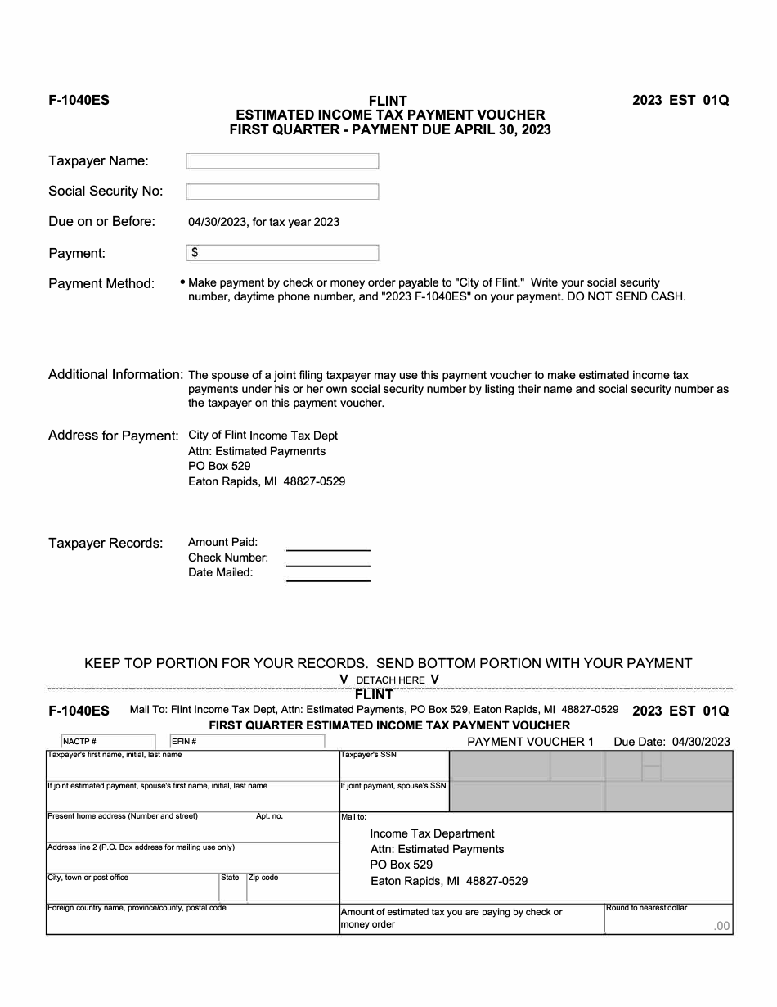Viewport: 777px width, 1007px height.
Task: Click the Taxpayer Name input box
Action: (282, 161)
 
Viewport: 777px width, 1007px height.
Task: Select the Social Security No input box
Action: (282, 192)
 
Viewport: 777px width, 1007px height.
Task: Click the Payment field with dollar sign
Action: (282, 253)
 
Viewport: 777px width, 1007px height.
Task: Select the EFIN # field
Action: (247, 742)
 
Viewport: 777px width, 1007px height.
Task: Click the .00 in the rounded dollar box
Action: (721, 927)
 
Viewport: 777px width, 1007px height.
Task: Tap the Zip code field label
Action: (263, 878)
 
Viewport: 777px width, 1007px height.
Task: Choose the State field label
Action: (230, 878)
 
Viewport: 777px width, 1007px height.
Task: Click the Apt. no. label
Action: (269, 816)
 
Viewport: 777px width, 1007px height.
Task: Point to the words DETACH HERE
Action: (390, 680)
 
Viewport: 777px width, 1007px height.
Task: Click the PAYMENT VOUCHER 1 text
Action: (530, 742)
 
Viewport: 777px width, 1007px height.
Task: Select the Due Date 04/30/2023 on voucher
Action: (671, 742)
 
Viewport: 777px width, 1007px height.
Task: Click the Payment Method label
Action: (101, 284)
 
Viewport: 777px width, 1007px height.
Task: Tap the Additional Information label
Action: (115, 375)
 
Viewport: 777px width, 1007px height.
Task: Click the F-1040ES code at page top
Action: (79, 101)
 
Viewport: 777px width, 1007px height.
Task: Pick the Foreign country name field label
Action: (137, 908)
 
